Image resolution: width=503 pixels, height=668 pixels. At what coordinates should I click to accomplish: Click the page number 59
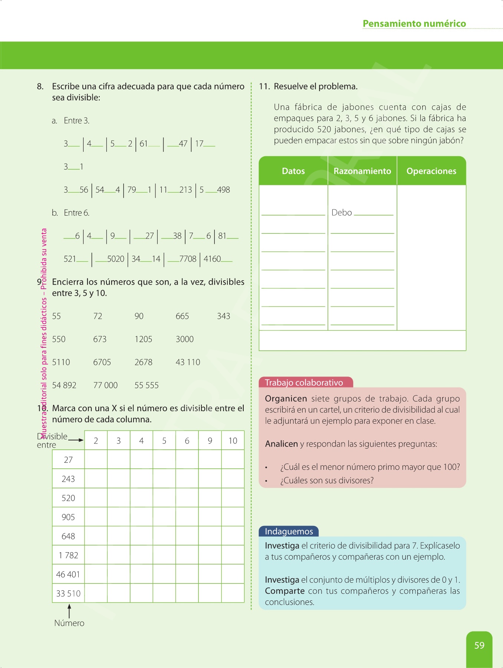click(479, 645)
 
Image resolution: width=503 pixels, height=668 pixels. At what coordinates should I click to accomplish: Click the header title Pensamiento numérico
click(414, 24)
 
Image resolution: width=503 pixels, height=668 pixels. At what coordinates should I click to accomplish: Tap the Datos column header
click(293, 171)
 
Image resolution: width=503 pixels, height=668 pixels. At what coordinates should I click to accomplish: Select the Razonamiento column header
click(362, 171)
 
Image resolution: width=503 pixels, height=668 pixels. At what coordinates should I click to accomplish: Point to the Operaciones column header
click(431, 171)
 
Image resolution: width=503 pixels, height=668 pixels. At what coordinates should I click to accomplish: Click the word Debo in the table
click(342, 213)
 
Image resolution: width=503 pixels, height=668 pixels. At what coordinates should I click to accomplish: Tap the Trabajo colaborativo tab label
click(304, 383)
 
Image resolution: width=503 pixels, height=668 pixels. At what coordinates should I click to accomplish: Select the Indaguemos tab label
click(289, 531)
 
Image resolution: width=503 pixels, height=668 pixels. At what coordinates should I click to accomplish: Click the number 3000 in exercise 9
click(185, 339)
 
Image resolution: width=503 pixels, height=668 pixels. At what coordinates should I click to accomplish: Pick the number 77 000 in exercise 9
click(105, 385)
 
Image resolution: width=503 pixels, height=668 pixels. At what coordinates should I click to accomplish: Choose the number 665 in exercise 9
click(182, 316)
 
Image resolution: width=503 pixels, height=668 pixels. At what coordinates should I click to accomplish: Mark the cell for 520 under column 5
click(164, 498)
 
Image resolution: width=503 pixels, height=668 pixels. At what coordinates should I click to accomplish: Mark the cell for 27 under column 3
click(119, 459)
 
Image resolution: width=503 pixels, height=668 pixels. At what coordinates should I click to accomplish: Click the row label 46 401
click(68, 574)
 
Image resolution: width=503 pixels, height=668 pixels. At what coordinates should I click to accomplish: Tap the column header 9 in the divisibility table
click(210, 441)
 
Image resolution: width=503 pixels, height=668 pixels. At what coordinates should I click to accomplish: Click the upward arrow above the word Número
click(69, 610)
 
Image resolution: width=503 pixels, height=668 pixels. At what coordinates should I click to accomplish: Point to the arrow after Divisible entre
click(76, 440)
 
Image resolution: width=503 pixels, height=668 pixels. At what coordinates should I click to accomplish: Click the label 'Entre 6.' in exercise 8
click(76, 213)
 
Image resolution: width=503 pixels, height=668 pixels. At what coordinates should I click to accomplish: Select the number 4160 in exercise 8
click(212, 259)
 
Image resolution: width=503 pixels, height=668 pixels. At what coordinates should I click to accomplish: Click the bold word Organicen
click(286, 399)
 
